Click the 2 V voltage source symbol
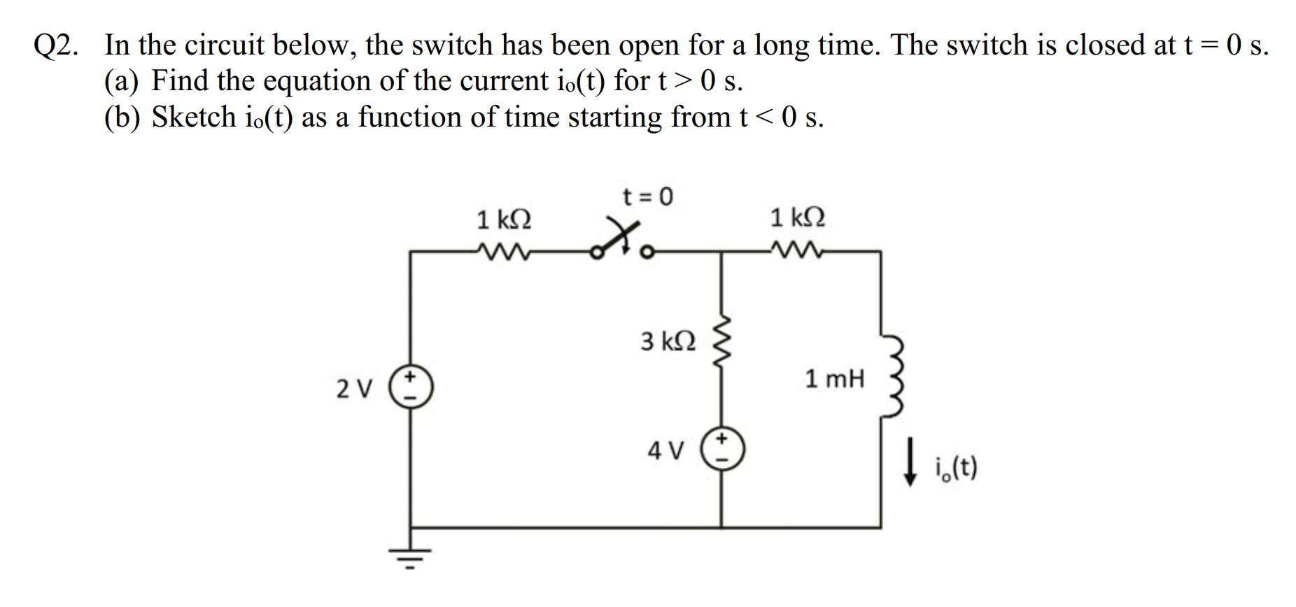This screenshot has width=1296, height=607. click(x=411, y=387)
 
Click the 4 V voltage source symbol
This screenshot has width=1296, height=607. click(x=722, y=449)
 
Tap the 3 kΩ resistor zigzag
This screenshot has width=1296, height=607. click(x=721, y=343)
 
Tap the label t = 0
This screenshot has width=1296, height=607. click(x=647, y=197)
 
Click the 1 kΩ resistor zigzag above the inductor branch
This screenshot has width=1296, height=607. click(x=795, y=250)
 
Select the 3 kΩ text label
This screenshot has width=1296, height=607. click(x=668, y=342)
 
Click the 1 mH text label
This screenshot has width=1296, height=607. click(x=834, y=379)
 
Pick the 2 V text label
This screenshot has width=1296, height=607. click(x=355, y=388)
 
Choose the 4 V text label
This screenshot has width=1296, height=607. click(x=665, y=450)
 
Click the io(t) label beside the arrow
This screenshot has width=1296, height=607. click(x=955, y=466)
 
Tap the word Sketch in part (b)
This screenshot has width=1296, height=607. click(x=194, y=117)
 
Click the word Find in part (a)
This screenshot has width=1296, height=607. click(x=180, y=80)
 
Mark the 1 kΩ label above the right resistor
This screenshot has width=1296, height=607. click(x=797, y=217)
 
